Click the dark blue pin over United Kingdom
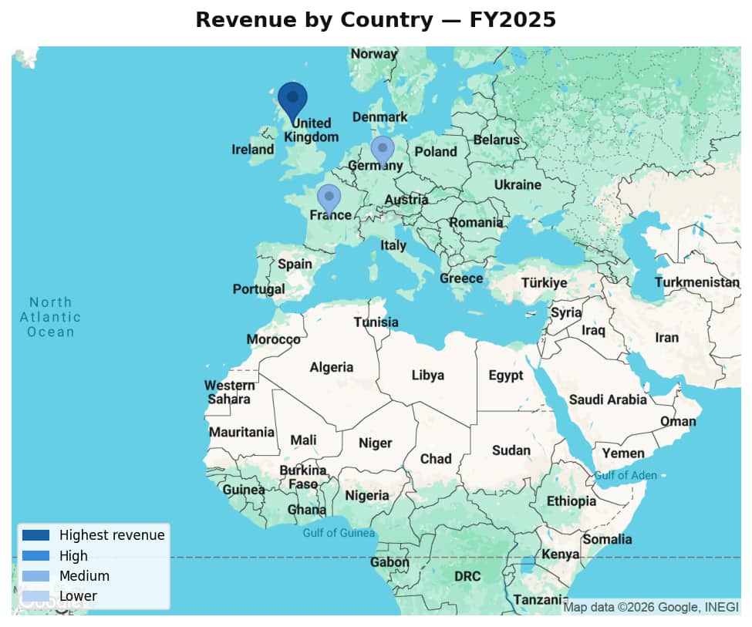(x=292, y=99)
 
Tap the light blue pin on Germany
(x=383, y=149)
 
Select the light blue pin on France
(x=329, y=197)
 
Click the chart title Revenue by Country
(x=376, y=21)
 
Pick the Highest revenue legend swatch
(x=35, y=535)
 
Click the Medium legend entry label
(x=84, y=576)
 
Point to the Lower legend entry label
(x=78, y=596)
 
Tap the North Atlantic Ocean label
(x=50, y=317)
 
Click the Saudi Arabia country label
(x=608, y=399)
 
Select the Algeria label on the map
(x=332, y=367)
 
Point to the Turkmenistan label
(x=697, y=282)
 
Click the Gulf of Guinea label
(x=339, y=533)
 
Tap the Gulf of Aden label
(x=626, y=475)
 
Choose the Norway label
(x=374, y=54)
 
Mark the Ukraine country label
(x=518, y=185)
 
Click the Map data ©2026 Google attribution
(x=651, y=607)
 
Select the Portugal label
(x=258, y=289)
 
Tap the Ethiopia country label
(x=572, y=501)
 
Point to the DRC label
(x=467, y=576)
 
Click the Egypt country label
(x=506, y=376)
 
